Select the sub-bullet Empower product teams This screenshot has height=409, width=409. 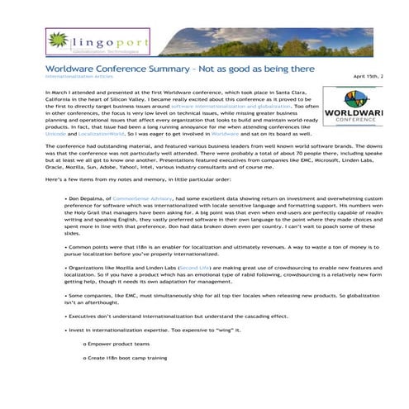tap(120, 344)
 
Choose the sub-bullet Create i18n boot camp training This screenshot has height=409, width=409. tap(128, 358)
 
